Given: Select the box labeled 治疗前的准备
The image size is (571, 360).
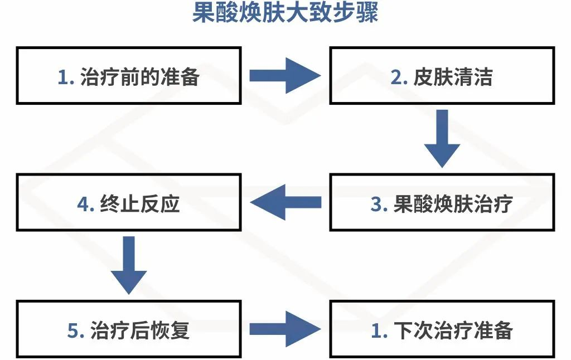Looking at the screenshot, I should pos(129,75).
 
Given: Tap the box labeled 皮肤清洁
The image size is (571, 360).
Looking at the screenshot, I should pos(442,75).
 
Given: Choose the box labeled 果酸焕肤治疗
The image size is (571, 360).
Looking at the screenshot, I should pos(442,203).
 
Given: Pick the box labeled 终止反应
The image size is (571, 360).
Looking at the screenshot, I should pos(129,203).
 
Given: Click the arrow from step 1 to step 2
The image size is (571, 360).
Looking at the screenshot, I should pos(285,75).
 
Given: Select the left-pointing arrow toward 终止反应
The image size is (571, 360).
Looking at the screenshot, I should pos(285,202).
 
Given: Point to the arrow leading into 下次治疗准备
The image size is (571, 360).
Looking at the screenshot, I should pos(285,329).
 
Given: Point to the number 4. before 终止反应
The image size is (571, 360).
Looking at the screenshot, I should pos(86,204).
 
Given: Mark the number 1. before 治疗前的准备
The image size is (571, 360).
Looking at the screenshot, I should pos(66,77).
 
